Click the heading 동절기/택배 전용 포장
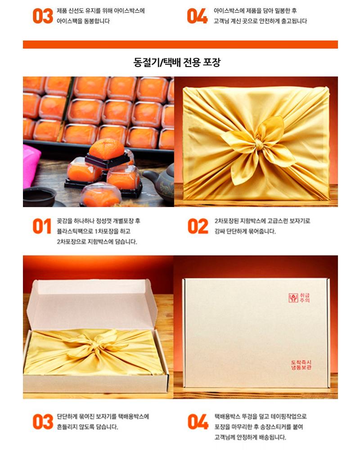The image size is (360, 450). pos(177,62)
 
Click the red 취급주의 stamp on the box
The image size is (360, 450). pos(299,298)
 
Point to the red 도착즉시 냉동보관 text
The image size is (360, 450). pos(301,365)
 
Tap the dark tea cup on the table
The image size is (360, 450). pos(39,197)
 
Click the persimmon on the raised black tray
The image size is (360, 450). pos(107,148)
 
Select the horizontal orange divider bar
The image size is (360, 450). pos(180,45)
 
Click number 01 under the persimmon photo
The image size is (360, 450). pos(42,226)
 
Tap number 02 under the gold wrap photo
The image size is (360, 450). pos(198,226)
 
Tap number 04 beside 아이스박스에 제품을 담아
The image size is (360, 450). pos(197,16)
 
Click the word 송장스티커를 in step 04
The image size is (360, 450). pos(275,427)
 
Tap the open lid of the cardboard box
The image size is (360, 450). pos(92,304)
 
